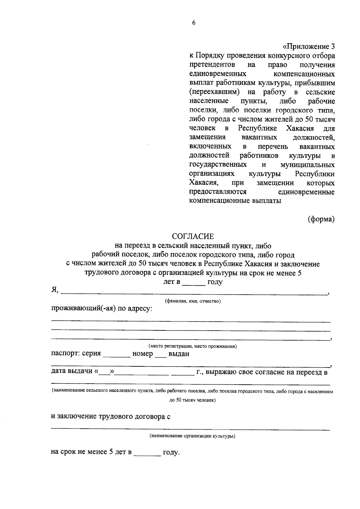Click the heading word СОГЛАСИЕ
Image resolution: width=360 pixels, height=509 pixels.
coord(193,237)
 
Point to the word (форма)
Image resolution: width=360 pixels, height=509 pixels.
coord(321,219)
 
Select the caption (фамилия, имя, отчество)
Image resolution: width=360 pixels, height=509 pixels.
coord(193,301)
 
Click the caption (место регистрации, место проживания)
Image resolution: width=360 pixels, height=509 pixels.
coord(193,346)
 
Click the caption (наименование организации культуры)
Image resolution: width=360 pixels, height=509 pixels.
coord(192,436)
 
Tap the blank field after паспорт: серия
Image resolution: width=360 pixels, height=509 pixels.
coord(116,356)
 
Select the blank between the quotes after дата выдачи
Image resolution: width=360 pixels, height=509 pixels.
coord(104,374)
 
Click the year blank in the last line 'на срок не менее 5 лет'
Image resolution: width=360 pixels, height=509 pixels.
coord(147,454)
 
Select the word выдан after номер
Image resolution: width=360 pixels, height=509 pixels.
coord(179,354)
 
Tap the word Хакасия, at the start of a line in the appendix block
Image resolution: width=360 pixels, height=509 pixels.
coord(204,183)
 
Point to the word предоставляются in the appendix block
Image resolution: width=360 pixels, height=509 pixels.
coord(218,192)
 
